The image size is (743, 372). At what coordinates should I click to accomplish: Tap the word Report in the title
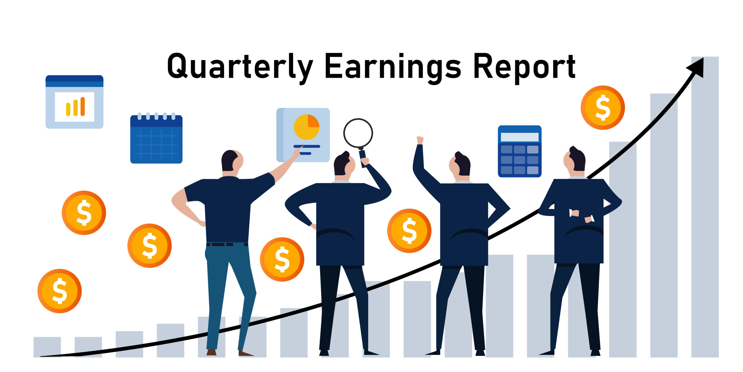pyautogui.click(x=524, y=67)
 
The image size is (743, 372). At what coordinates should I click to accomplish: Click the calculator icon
pyautogui.click(x=520, y=151)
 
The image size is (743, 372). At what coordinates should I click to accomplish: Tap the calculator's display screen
pyautogui.click(x=520, y=137)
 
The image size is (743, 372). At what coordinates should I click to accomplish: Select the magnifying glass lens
pyautogui.click(x=358, y=133)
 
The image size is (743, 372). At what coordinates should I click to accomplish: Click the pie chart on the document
pyautogui.click(x=306, y=127)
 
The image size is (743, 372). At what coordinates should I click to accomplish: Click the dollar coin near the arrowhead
pyautogui.click(x=603, y=108)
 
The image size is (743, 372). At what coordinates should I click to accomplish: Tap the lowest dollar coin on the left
pyautogui.click(x=59, y=291)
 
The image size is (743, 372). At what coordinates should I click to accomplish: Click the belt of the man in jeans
pyautogui.click(x=227, y=244)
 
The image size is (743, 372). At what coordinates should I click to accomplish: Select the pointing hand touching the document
pyautogui.click(x=297, y=152)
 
